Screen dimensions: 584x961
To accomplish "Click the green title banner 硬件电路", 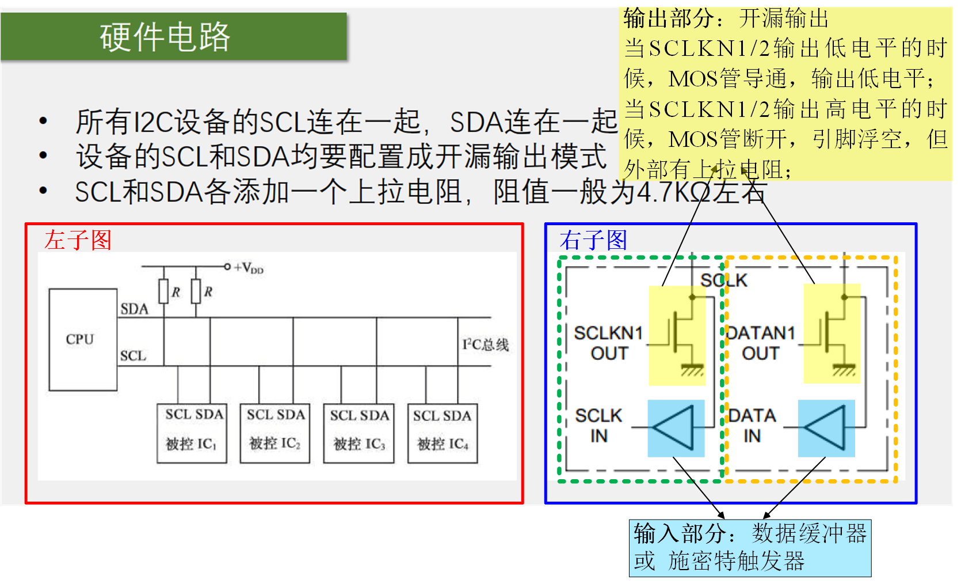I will point(173,37).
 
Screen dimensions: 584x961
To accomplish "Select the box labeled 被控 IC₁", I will point(192,433).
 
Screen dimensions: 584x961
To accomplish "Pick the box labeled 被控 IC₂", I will point(275,433).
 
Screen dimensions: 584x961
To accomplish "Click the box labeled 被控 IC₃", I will point(359,433).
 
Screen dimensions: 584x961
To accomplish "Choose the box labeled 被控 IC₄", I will point(443,433).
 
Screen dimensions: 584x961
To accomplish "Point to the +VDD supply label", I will point(248,268).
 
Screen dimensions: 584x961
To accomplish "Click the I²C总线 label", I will point(485,344).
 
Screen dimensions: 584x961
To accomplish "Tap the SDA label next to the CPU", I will point(134,309).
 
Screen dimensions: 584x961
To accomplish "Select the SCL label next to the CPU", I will point(133,356).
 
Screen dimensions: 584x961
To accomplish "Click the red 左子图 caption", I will point(78,240).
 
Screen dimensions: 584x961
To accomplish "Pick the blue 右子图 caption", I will point(593,240).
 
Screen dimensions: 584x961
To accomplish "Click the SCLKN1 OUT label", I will point(608,343).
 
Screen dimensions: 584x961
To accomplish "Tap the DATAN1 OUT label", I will point(760,343).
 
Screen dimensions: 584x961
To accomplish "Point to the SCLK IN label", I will point(598,426).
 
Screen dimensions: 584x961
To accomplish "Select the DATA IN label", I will point(752,426).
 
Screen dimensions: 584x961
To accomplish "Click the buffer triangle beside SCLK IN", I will point(674,427).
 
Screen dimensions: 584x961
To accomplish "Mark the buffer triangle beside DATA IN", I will point(826,427).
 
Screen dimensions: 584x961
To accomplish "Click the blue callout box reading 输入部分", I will point(750,548).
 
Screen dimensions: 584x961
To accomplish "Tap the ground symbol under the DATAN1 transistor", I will point(844,369).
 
